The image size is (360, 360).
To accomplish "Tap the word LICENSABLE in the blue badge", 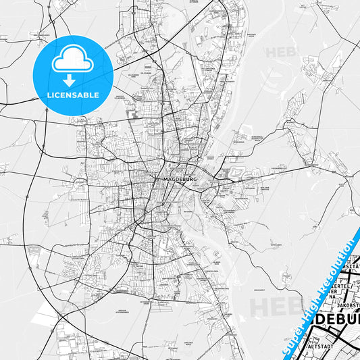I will [x=72, y=95].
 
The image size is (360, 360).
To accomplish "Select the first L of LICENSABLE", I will [x=48, y=95].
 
